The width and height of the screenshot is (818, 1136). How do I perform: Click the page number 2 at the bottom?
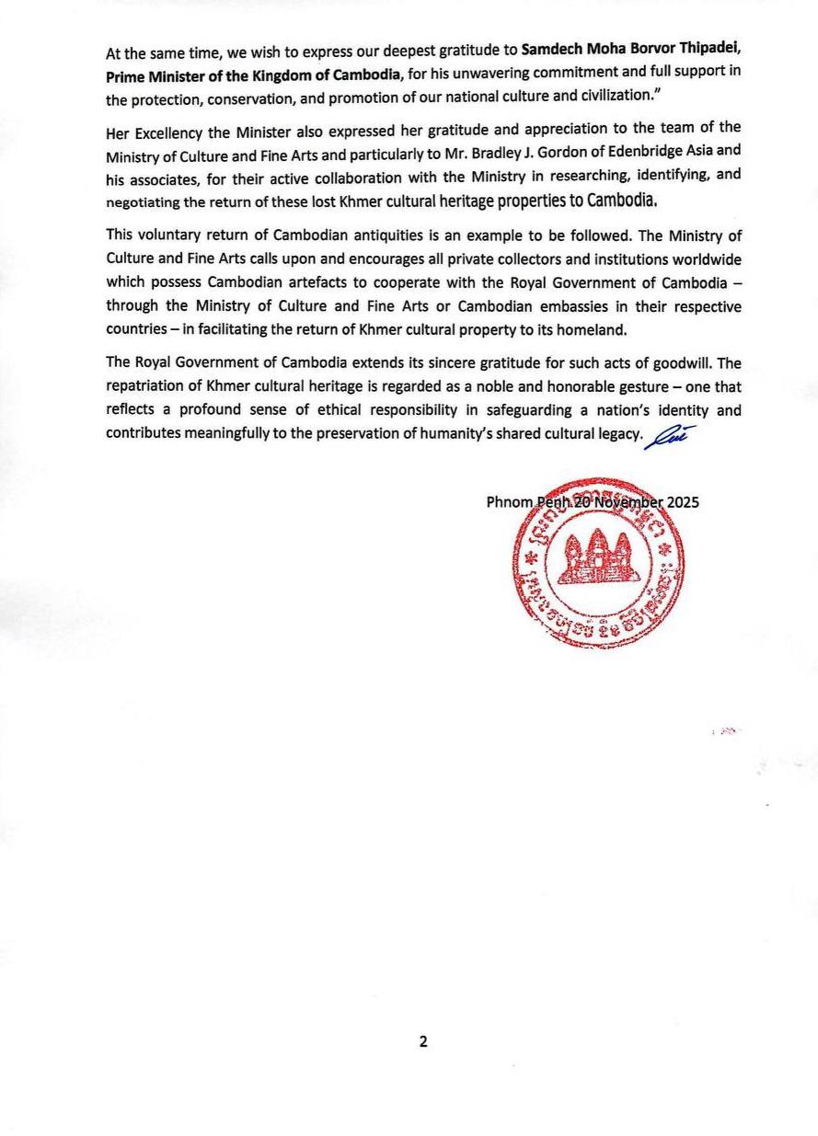coord(423,1041)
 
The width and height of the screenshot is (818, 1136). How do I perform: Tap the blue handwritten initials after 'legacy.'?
coord(669,436)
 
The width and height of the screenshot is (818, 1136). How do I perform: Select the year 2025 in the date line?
coord(682,502)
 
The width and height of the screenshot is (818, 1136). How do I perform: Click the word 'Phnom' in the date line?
coord(509,502)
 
